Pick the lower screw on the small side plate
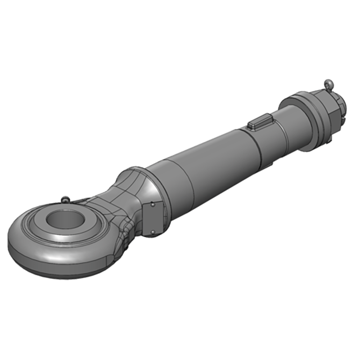click(152, 232)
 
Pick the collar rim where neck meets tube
click(139, 173)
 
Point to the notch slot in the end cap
click(344, 120)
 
